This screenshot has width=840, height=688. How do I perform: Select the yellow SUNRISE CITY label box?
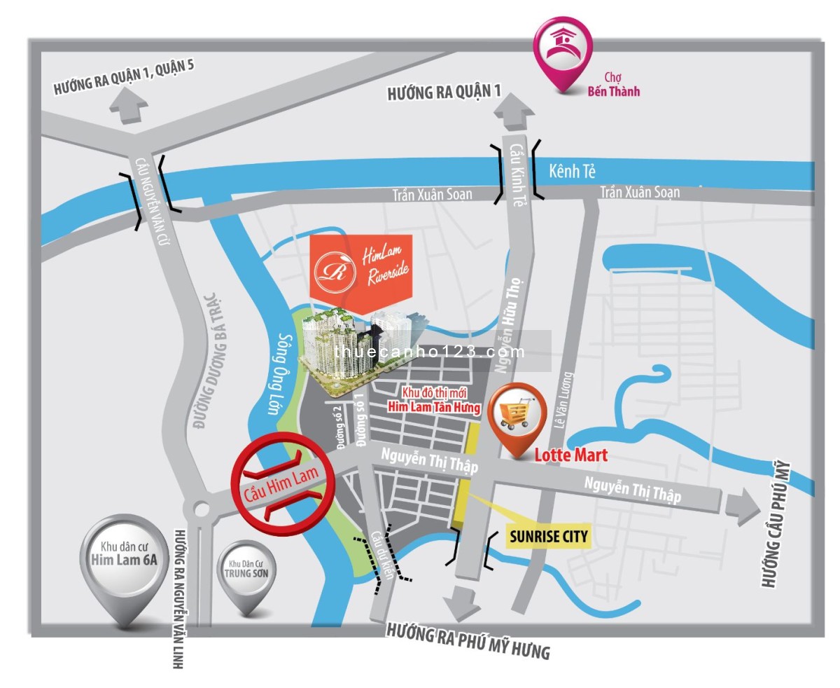click(x=547, y=537)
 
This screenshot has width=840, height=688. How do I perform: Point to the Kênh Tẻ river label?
click(x=573, y=170)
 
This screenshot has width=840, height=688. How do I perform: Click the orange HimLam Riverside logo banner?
click(x=361, y=266)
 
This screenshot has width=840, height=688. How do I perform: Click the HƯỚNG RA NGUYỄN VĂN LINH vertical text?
click(x=178, y=598)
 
